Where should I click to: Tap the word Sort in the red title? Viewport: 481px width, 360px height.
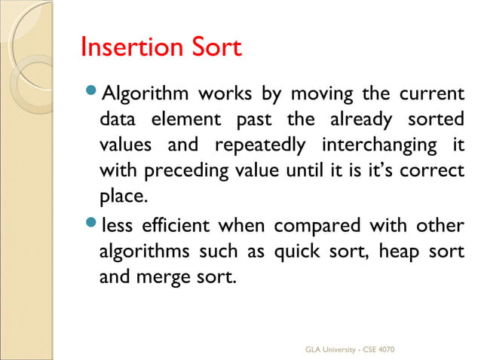214,47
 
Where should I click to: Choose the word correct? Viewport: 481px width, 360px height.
433,170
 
